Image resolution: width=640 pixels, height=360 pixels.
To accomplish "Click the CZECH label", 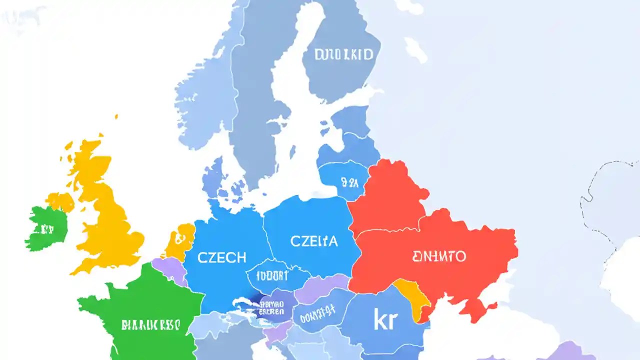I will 222,257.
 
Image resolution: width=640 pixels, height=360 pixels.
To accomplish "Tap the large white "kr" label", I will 384,320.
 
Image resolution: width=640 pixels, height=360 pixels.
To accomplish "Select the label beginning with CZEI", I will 314,241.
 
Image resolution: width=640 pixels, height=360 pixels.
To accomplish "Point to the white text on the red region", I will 439,256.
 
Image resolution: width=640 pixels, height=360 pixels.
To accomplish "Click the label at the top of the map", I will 343,54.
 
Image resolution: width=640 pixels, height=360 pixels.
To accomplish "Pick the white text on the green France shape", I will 150,325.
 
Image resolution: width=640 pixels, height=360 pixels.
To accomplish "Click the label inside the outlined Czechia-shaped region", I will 272,275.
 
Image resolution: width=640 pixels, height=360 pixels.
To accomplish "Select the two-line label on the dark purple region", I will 272,307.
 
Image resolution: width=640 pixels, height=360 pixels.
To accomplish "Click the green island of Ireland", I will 47,227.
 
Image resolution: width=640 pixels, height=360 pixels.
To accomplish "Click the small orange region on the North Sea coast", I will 180,240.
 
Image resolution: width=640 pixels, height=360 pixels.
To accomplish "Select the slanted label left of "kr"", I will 314,312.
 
